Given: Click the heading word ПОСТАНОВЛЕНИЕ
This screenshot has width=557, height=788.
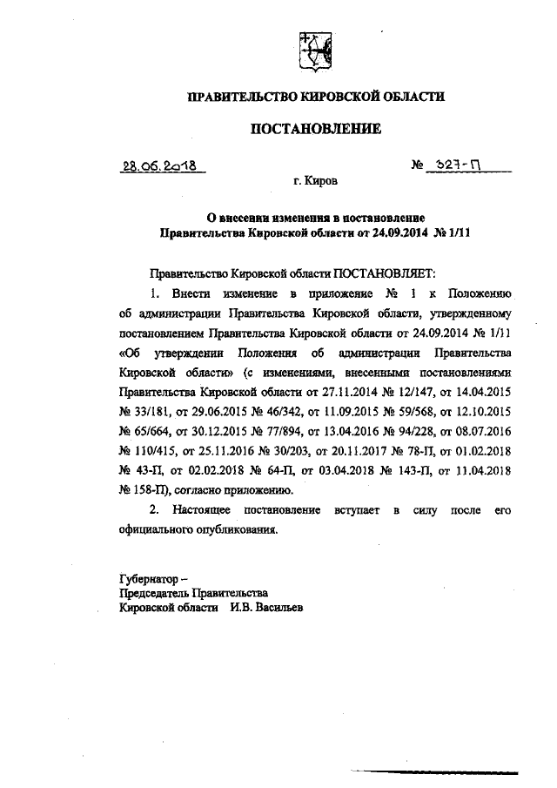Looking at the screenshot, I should click(x=316, y=130).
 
